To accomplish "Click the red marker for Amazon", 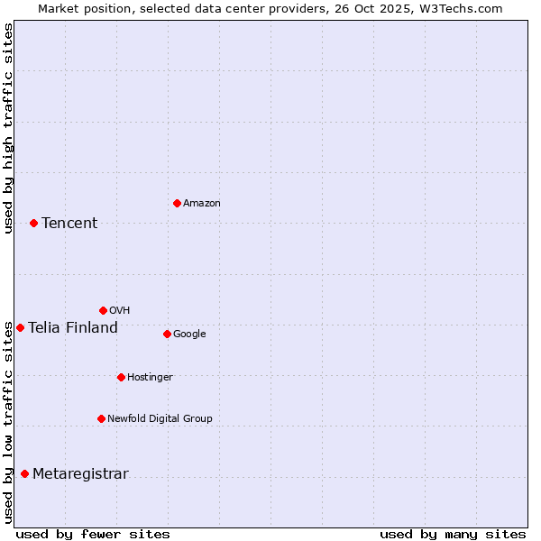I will [177, 203].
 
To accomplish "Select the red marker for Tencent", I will [33, 223].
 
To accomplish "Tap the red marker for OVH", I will [103, 310].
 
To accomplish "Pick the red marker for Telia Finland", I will [20, 327].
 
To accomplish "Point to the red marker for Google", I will [167, 334].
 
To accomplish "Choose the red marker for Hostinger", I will [121, 377].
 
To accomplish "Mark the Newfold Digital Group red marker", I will [101, 418].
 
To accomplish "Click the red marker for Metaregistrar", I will [24, 473].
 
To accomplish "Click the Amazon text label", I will [202, 204].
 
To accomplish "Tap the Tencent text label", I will [69, 224].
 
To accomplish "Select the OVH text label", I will [120, 311].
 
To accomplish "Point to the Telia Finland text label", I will [73, 328].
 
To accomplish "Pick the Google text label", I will [189, 335].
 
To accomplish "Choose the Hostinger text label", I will [150, 378].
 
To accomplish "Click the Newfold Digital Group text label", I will [160, 419].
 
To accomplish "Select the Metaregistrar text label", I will [80, 474].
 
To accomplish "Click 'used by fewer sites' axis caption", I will [93, 534].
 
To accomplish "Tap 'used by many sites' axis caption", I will [453, 534].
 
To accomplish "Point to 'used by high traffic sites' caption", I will [8, 128].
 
